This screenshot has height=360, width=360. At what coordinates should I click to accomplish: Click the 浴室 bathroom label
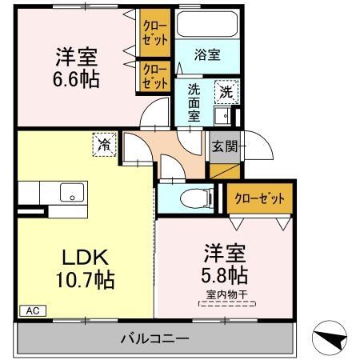pyautogui.click(x=207, y=54)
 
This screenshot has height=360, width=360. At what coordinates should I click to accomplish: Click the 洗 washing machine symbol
pyautogui.click(x=227, y=91)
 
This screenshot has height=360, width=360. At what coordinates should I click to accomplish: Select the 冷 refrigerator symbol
pyautogui.click(x=104, y=144)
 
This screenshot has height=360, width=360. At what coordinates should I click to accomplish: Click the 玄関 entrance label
pyautogui.click(x=222, y=146)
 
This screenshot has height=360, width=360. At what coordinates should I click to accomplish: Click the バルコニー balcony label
pyautogui.click(x=155, y=337)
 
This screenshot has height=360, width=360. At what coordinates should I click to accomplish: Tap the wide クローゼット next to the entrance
pyautogui.click(x=258, y=198)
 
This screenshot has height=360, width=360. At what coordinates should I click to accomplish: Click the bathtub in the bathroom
pyautogui.click(x=207, y=26)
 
